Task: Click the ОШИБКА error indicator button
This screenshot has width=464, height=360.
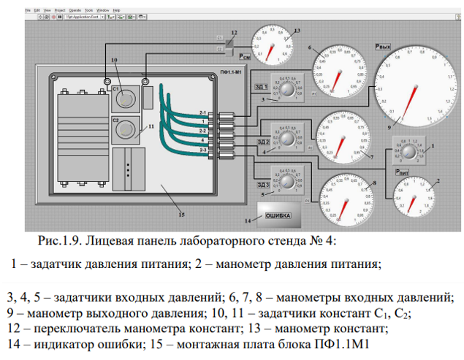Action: (x=278, y=215)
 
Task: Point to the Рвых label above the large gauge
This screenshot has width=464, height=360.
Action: (x=381, y=45)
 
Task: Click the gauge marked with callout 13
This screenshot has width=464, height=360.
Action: (x=270, y=42)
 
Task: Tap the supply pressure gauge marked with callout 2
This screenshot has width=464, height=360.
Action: (x=411, y=195)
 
